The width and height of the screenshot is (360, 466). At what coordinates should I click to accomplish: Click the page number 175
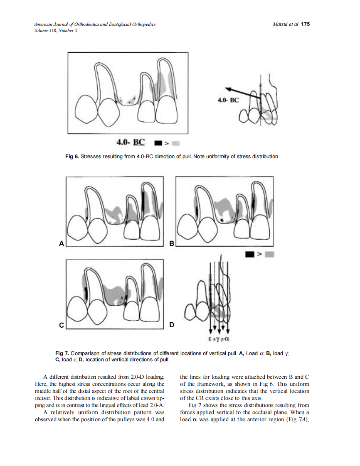click(x=306, y=24)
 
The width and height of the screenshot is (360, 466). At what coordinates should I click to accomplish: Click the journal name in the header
click(x=95, y=25)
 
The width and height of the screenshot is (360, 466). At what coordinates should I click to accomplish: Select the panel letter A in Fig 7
click(x=62, y=244)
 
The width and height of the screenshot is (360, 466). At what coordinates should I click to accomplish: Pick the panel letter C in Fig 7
click(x=62, y=326)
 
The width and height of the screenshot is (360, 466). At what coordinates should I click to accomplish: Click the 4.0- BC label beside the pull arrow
click(x=228, y=100)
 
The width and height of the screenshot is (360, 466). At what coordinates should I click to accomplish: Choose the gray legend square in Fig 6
click(x=175, y=144)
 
